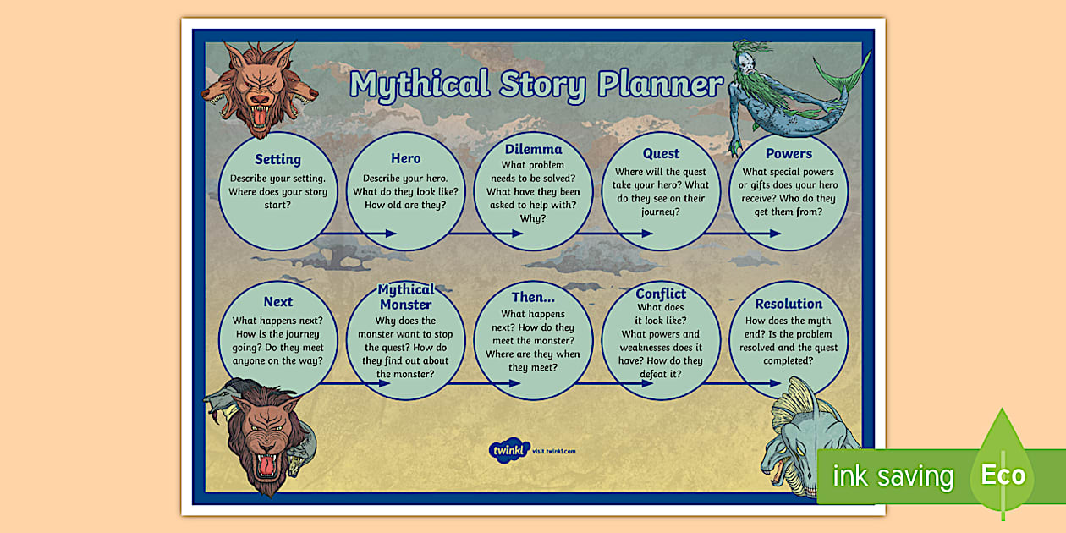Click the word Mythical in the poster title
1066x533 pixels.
[420, 85]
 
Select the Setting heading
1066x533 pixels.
[277, 159]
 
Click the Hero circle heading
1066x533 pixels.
[405, 158]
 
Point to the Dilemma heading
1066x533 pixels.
[533, 150]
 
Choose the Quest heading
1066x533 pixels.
[661, 153]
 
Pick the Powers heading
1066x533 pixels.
[789, 153]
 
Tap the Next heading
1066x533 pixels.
[277, 302]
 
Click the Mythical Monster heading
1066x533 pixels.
[405, 297]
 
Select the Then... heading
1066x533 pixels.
[533, 298]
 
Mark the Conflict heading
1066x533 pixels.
[661, 294]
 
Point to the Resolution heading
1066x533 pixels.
[789, 304]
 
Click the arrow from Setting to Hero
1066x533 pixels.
[360, 233]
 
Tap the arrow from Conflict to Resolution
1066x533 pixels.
[745, 383]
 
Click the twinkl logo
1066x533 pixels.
[509, 449]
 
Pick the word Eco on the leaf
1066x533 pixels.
[1003, 475]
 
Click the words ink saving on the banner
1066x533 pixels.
[893, 476]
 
